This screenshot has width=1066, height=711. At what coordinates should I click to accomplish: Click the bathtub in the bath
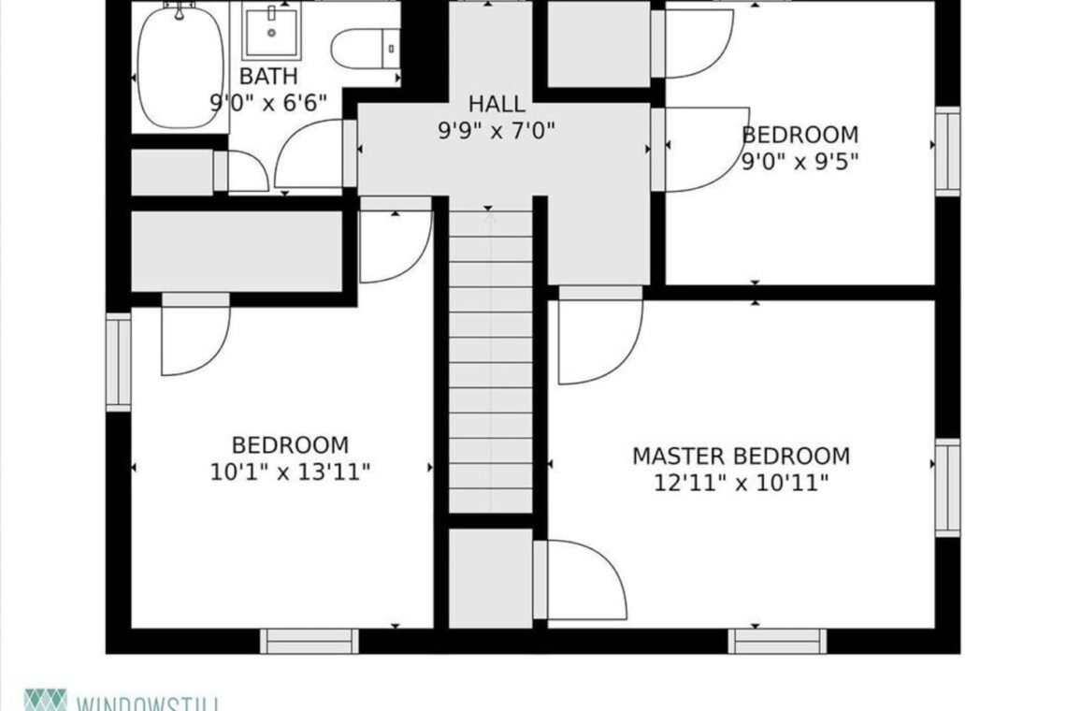[x=180, y=68]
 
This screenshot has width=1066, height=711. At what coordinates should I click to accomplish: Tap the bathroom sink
[x=271, y=32]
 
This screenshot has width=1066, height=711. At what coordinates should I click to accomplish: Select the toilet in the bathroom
[x=365, y=49]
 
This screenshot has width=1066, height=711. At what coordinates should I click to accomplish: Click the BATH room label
[x=268, y=76]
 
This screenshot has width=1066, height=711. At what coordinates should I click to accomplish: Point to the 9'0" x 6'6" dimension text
[x=268, y=103]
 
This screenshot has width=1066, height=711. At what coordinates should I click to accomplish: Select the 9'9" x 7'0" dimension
[x=497, y=129]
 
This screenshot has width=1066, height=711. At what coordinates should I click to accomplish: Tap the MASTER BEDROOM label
[x=741, y=456]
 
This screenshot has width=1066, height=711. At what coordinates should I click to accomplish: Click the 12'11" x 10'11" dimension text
[x=741, y=483]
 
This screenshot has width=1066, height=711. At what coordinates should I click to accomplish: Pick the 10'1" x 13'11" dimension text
[x=290, y=472]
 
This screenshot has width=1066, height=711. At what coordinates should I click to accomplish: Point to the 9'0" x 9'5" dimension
[x=800, y=162]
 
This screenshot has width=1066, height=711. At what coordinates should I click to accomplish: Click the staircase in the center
[x=490, y=361]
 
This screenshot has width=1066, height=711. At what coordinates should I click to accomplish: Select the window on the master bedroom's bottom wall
[x=778, y=641]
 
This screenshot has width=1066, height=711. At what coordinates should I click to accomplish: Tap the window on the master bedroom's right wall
[x=947, y=487]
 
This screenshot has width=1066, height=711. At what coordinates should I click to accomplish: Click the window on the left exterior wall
[x=119, y=361]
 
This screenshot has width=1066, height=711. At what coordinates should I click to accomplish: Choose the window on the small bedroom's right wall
[x=947, y=151]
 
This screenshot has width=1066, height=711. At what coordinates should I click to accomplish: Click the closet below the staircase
[x=490, y=578]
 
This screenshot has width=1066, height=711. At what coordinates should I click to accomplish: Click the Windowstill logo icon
[x=46, y=700]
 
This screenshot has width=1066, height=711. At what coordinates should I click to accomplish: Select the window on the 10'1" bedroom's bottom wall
[x=310, y=641]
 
